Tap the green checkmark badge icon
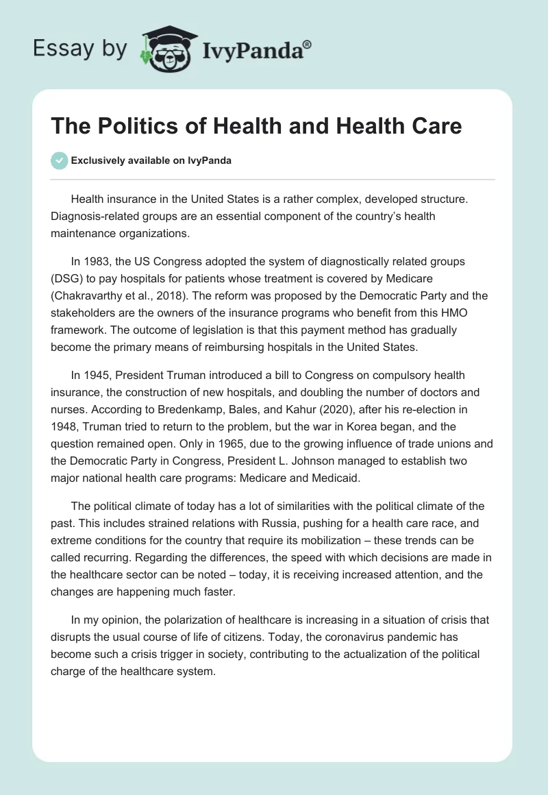[x=60, y=160]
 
